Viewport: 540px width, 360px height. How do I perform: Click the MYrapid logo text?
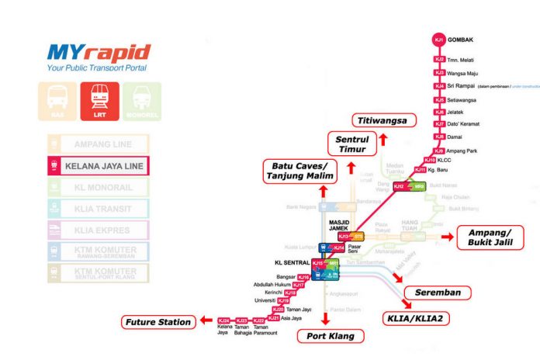point(98,54)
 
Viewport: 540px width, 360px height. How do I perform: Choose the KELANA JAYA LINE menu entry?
point(98,165)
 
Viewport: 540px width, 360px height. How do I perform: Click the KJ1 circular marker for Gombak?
point(440,39)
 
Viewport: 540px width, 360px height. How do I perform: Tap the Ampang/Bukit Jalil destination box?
point(490,237)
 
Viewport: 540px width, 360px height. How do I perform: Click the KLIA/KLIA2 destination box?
point(418,317)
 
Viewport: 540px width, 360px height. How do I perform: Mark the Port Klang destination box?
point(326,336)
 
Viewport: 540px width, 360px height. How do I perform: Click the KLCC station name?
point(448,160)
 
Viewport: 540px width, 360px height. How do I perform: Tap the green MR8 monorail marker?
point(418,187)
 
